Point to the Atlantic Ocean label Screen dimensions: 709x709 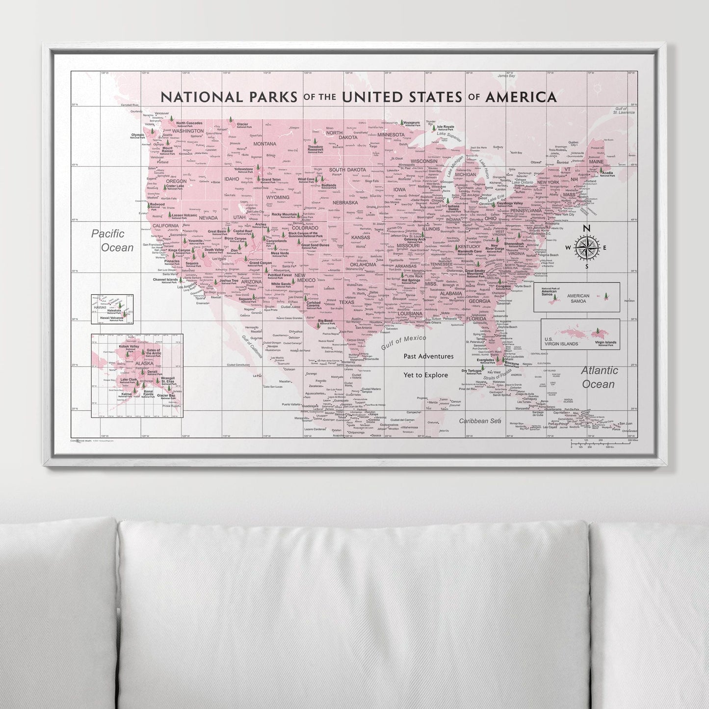point(600,377)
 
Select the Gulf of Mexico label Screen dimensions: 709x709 point(403,342)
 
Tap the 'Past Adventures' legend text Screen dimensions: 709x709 point(428,356)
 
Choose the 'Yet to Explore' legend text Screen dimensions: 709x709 point(425,375)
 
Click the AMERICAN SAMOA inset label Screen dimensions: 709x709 point(581,298)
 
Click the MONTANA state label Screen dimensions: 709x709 point(264,144)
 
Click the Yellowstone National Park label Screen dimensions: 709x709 point(243,170)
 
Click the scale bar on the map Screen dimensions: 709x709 point(603,444)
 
